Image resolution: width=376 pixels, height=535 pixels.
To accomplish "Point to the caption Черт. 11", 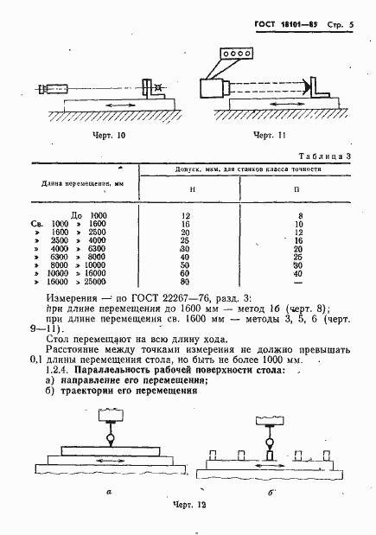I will (x=269, y=136).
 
